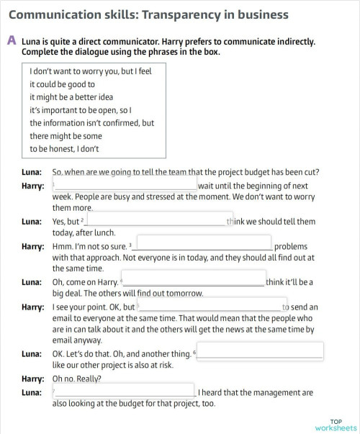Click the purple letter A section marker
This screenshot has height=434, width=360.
coord(12,41)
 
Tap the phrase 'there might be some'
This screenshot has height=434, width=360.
coord(66,136)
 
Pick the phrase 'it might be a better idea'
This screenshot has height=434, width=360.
coord(71,97)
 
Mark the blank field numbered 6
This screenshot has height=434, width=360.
coord(260,352)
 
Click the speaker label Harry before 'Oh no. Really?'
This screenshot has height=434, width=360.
coord(32,379)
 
